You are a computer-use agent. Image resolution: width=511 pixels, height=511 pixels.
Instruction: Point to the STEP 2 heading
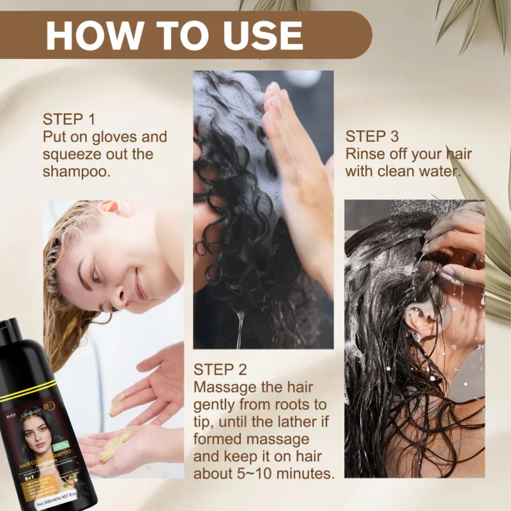click(x=220, y=370)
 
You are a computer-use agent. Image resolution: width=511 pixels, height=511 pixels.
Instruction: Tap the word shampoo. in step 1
click(x=77, y=171)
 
